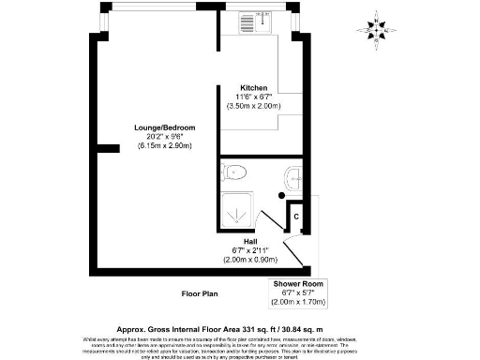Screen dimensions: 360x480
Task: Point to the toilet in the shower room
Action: (234, 172)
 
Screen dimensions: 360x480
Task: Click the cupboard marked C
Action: (296, 217)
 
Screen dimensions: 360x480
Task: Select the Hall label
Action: (251, 241)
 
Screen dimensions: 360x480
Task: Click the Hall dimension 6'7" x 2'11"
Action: (251, 250)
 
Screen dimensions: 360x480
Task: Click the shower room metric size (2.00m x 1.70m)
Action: (299, 302)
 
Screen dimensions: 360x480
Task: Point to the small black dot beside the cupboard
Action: (282, 194)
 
